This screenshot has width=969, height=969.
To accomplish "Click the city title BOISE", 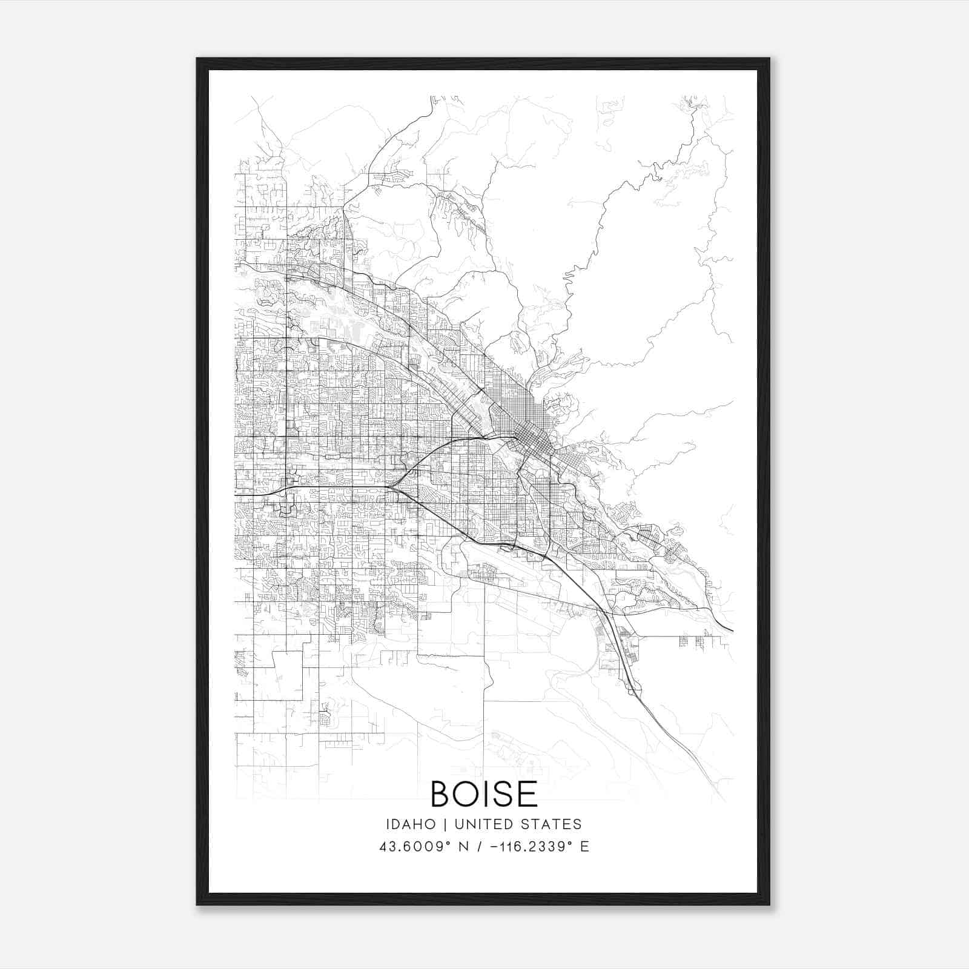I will [484, 794].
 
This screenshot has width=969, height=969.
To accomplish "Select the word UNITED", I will [480, 824].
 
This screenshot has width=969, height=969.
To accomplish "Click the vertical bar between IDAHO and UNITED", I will [445, 824].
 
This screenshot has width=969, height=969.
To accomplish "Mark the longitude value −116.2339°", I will [522, 847].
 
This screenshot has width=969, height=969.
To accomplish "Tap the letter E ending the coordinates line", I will [584, 847].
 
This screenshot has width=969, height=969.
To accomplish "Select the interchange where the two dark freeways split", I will [394, 484].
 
